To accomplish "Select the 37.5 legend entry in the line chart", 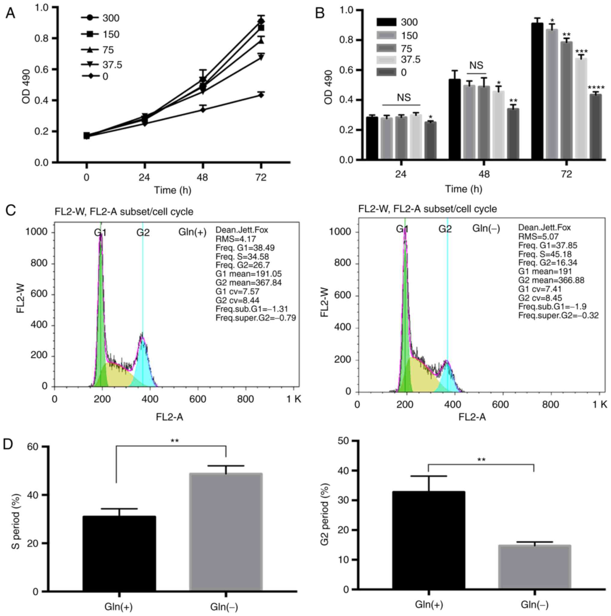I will pyautogui.click(x=112, y=65).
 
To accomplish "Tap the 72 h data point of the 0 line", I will pyautogui.click(x=261, y=95).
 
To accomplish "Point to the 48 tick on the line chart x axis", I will pyautogui.click(x=202, y=177).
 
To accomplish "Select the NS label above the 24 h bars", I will pyautogui.click(x=404, y=98).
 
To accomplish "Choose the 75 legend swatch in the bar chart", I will pyautogui.click(x=386, y=48).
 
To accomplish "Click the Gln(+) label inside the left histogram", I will pyautogui.click(x=192, y=232).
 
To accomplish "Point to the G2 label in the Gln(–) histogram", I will pyautogui.click(x=445, y=229).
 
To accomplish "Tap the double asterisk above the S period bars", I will pyautogui.click(x=175, y=441).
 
